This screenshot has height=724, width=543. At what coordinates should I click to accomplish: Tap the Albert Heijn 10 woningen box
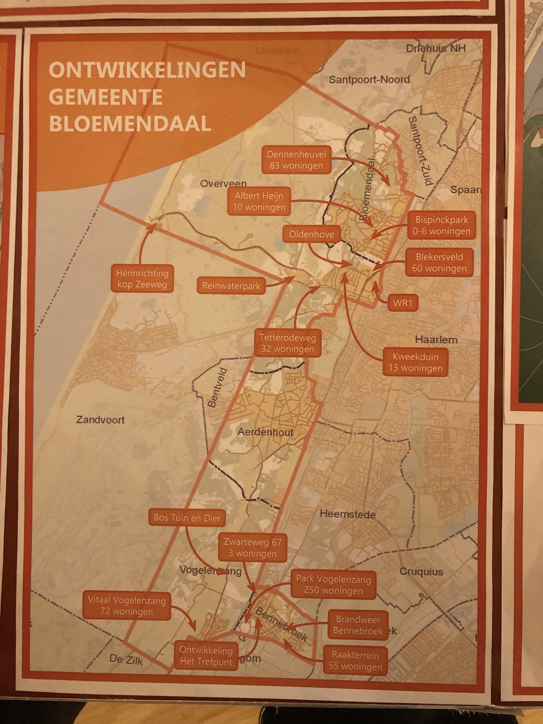259,201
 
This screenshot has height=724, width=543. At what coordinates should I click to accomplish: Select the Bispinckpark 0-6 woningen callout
441,225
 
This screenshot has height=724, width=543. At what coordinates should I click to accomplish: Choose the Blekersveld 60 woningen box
439,262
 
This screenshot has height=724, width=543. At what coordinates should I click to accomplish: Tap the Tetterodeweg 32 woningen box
287,343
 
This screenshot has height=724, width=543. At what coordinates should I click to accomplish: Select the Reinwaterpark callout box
231,286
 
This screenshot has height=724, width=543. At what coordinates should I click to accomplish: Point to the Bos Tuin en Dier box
187,518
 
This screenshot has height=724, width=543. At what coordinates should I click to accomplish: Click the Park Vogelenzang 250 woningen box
333,585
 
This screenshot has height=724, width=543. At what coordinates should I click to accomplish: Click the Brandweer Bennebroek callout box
358,625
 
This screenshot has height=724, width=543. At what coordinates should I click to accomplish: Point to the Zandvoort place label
100,420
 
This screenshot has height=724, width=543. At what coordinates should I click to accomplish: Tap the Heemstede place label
348,514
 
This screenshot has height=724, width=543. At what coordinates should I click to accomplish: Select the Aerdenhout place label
266,432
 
